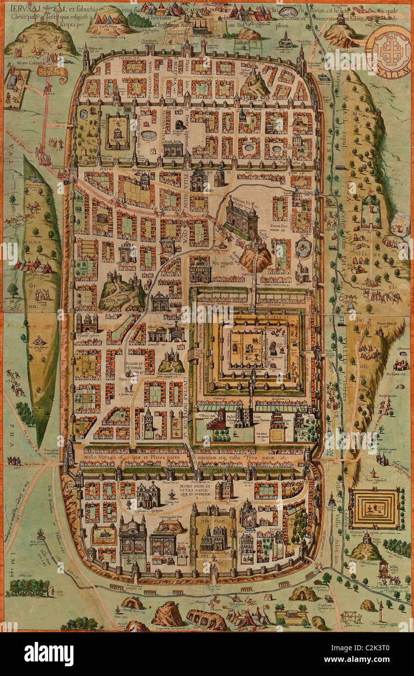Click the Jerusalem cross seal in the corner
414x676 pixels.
388,49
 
